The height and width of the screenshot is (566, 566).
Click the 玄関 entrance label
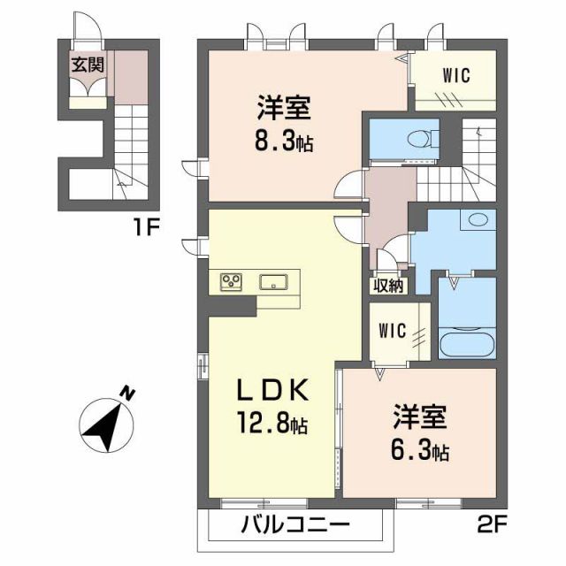click(x=87, y=64)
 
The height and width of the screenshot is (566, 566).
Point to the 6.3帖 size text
click(x=419, y=452)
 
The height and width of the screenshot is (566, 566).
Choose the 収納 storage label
click(x=387, y=285)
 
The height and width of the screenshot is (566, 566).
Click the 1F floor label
click(x=146, y=226)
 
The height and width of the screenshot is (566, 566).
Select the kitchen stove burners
click(x=233, y=282)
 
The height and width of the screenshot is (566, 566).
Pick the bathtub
click(x=466, y=344)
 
